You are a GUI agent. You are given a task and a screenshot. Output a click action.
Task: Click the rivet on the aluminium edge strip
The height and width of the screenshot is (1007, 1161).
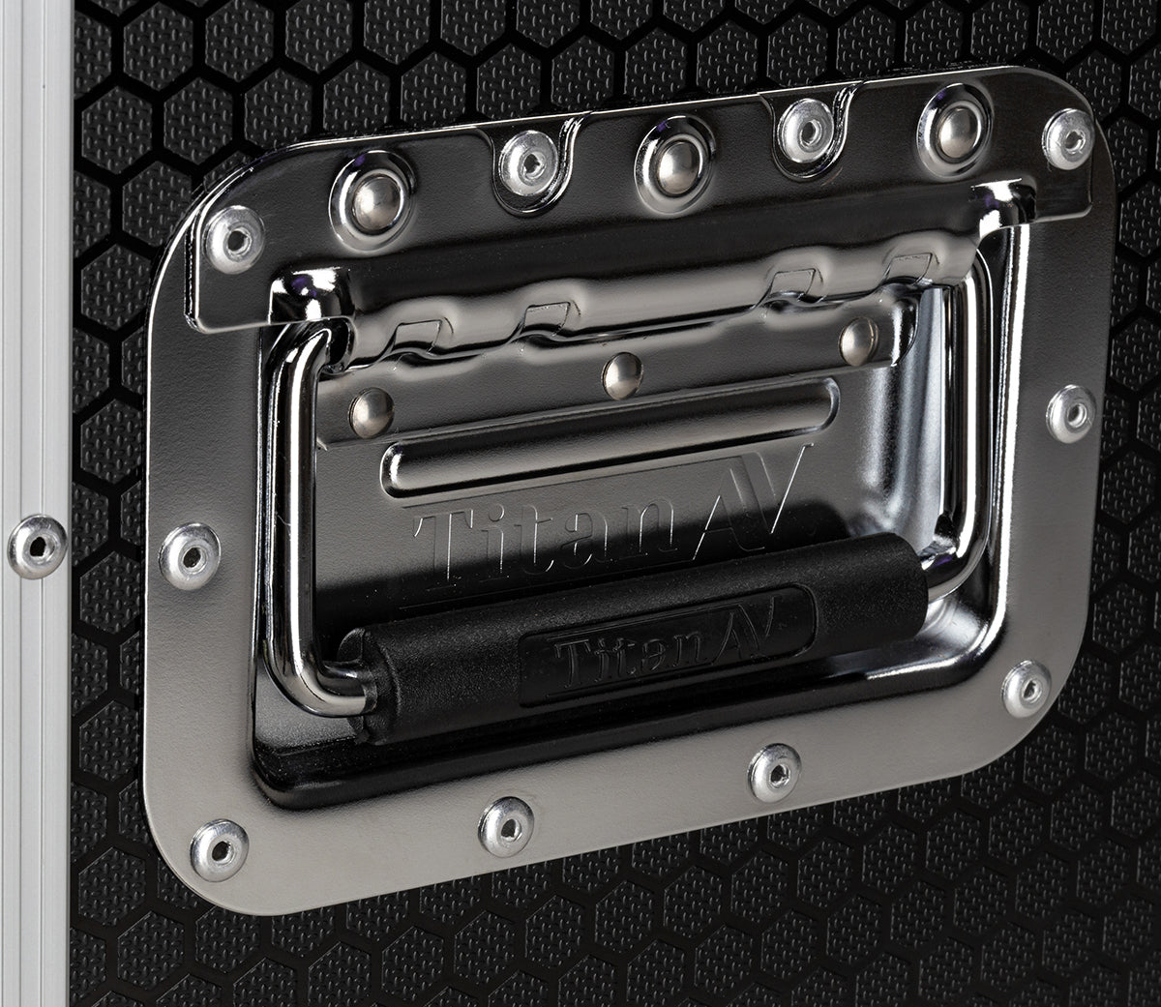(38, 547)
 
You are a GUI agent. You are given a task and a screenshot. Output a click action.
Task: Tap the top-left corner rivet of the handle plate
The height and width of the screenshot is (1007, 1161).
(235, 238)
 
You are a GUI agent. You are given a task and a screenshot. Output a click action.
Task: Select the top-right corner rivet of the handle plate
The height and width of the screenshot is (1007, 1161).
(1068, 138)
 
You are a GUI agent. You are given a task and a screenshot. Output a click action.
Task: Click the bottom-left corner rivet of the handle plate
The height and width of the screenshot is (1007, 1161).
(219, 849)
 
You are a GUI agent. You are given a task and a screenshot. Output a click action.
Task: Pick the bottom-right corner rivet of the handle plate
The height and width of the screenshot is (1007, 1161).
(1026, 689)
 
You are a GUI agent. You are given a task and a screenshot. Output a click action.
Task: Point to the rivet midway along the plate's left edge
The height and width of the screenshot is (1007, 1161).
(190, 556)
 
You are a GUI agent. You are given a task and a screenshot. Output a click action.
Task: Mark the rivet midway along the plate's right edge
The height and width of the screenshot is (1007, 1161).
(1072, 413)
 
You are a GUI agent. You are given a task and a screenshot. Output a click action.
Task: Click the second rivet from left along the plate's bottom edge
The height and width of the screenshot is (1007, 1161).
(507, 826)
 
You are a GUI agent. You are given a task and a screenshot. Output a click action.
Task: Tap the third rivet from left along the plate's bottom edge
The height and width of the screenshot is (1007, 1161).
(775, 772)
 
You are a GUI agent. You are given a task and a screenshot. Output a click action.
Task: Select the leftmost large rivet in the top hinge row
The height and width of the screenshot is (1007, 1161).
(372, 204)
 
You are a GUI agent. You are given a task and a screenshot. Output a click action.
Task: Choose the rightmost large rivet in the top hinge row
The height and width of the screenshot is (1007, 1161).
(955, 129)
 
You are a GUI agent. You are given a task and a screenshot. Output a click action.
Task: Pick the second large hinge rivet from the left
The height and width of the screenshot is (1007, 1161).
(528, 163)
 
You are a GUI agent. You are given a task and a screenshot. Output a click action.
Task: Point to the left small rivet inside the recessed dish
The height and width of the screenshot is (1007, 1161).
(372, 412)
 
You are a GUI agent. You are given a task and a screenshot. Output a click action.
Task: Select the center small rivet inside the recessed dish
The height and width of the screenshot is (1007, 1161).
(623, 375)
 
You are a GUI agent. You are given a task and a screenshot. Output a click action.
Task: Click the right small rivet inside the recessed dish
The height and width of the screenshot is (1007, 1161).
(858, 341)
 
